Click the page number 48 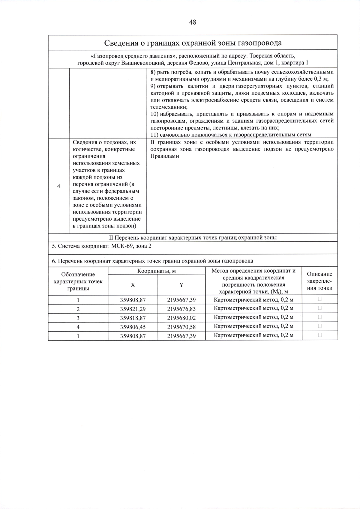[x=193, y=22]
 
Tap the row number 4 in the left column [x=58, y=186]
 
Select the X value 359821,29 [x=133, y=309]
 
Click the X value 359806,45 [x=133, y=327]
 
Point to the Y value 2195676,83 [x=181, y=309]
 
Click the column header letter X [x=133, y=285]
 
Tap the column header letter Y [x=181, y=285]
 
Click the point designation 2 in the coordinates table [x=78, y=309]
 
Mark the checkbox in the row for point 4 [x=319, y=326]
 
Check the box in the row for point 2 [x=319, y=308]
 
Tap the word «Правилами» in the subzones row [x=164, y=156]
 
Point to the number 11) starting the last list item [x=154, y=135]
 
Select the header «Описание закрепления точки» [x=319, y=281]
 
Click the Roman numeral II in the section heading [x=111, y=238]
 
